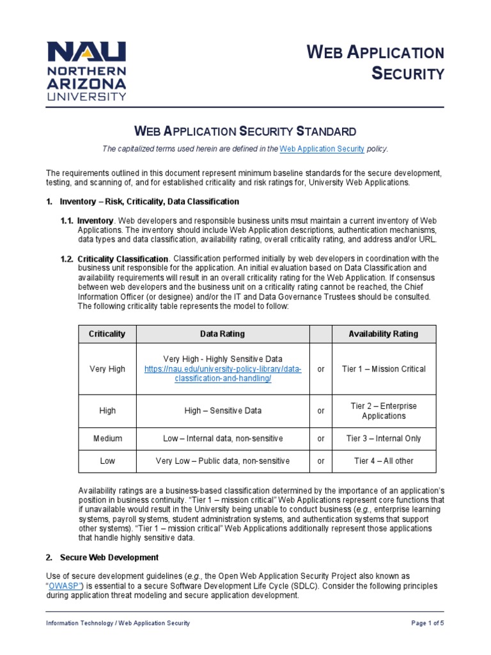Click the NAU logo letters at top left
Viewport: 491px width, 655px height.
(86, 52)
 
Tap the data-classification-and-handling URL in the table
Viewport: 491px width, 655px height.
(223, 374)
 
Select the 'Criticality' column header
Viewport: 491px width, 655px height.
(107, 334)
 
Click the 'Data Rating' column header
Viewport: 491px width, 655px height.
(222, 334)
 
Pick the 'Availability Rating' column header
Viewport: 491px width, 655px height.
(384, 334)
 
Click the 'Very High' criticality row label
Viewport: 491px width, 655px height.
(107, 369)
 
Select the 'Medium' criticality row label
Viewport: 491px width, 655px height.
(107, 439)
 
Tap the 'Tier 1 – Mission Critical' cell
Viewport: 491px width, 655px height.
(384, 369)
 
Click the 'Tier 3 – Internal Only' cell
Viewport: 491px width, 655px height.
(384, 439)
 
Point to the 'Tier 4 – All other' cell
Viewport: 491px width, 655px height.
(384, 461)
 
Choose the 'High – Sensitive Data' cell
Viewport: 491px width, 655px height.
(222, 411)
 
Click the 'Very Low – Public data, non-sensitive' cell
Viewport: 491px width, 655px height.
(222, 461)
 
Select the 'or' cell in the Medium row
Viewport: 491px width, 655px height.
(321, 439)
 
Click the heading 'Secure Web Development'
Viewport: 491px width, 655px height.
(109, 558)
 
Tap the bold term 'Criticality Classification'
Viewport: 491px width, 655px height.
(123, 258)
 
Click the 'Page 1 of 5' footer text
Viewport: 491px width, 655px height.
(426, 623)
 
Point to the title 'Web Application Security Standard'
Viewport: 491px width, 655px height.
(245, 132)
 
